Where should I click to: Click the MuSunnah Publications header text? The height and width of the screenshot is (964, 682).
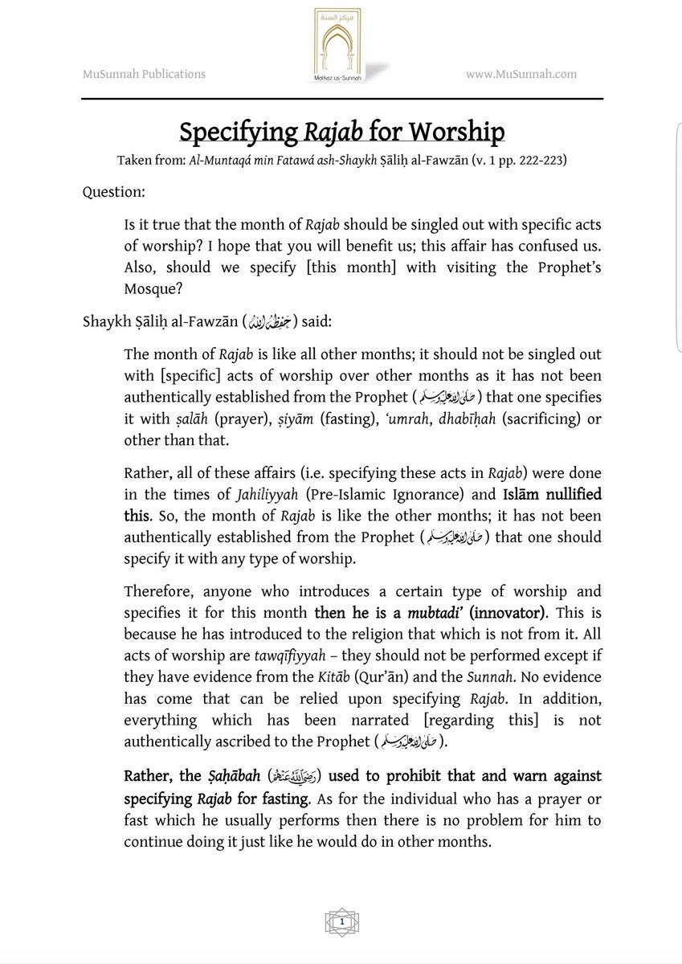click(x=144, y=75)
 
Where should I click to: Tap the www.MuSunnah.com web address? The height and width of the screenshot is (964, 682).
click(x=521, y=75)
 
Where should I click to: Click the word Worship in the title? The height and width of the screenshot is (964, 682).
click(x=455, y=132)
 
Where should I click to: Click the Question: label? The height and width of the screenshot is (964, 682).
click(x=112, y=193)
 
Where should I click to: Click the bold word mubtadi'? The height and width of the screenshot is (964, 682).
click(x=432, y=613)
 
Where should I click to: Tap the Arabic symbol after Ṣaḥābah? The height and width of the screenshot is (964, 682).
click(x=285, y=778)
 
